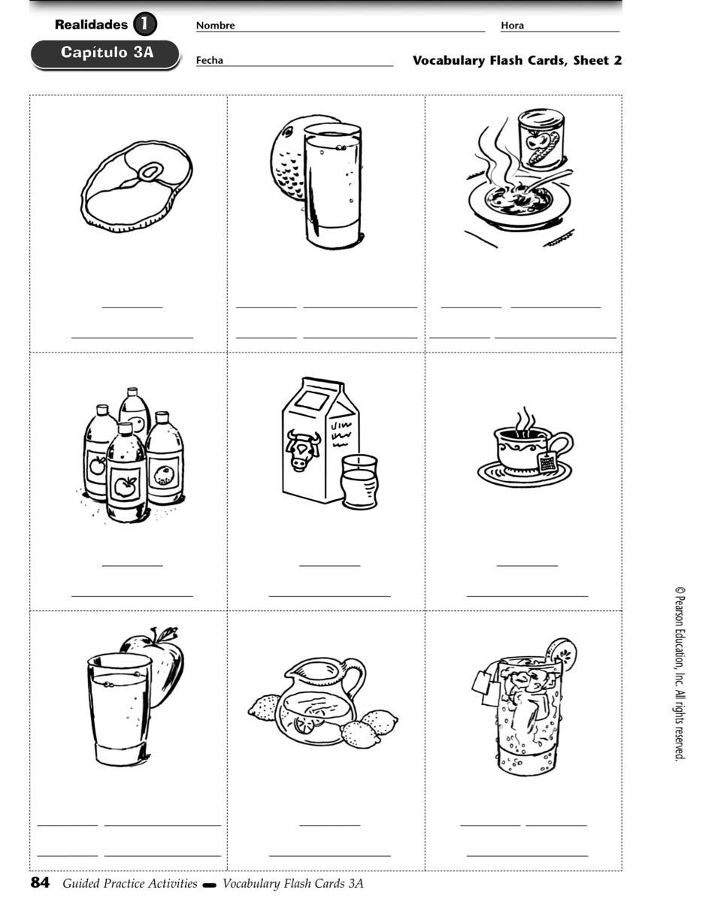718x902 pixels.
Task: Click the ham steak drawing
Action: click(136, 186)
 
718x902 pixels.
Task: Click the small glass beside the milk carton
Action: click(359, 481)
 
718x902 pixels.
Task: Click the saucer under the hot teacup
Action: click(524, 474)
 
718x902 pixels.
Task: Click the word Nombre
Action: click(215, 25)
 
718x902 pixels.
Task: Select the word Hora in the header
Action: click(512, 25)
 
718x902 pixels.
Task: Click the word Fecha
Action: click(209, 60)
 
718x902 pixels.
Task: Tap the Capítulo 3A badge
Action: click(105, 54)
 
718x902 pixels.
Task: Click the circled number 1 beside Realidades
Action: click(145, 24)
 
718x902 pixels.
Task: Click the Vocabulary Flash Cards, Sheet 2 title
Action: click(517, 60)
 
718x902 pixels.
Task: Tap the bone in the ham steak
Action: click(148, 172)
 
